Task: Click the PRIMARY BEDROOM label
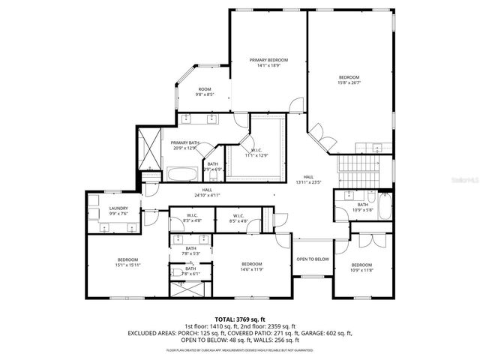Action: (268, 60)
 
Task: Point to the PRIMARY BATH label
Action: (184, 142)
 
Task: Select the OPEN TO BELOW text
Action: (312, 259)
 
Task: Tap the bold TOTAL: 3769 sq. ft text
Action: (239, 319)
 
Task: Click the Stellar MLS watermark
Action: (463, 180)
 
